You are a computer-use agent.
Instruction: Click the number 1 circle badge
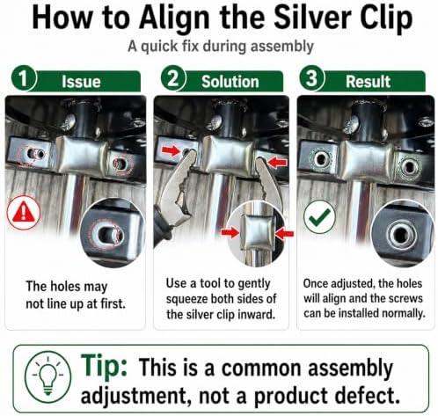click(x=24, y=78)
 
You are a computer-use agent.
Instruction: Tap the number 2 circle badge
click(x=173, y=78)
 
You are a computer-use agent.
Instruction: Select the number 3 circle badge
click(x=311, y=78)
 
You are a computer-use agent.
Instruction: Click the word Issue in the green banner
click(x=81, y=82)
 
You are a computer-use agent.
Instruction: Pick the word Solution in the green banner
click(x=230, y=82)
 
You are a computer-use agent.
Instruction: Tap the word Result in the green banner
click(x=368, y=82)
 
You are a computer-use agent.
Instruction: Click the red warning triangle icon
click(x=24, y=213)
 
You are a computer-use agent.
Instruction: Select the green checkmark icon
click(x=319, y=216)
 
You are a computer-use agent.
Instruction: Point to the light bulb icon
click(x=48, y=376)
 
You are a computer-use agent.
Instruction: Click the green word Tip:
click(x=104, y=365)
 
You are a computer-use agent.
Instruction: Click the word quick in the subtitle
click(x=159, y=47)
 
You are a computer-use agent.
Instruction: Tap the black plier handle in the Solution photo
click(x=162, y=227)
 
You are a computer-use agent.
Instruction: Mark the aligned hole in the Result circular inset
click(x=402, y=234)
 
